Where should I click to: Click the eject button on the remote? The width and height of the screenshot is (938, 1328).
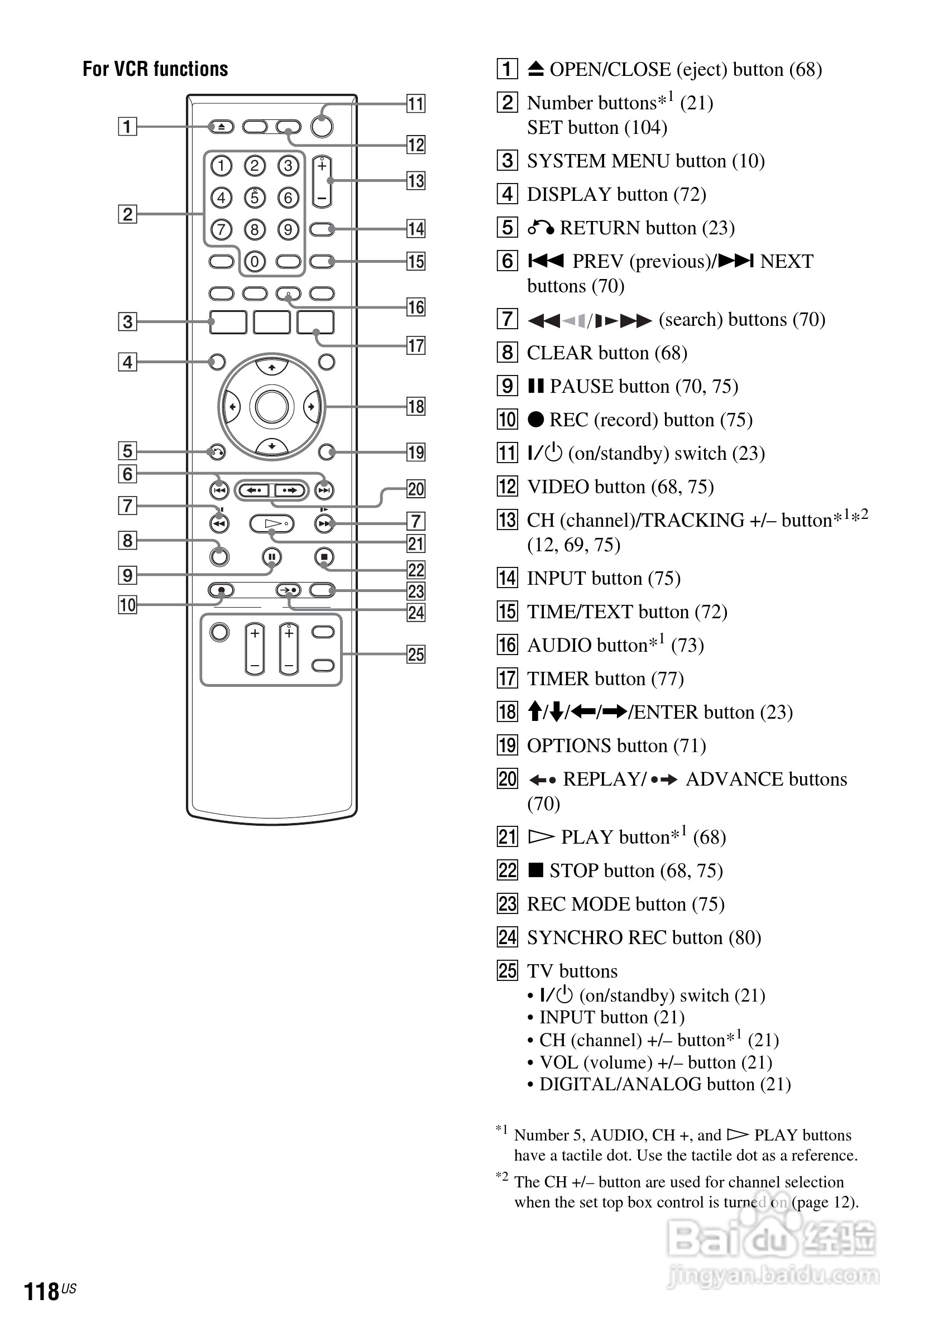(221, 126)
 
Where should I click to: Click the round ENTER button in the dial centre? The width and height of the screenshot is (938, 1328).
(271, 407)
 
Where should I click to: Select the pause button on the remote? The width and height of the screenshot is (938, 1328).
(271, 557)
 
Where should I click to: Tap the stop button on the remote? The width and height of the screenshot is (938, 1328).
(324, 557)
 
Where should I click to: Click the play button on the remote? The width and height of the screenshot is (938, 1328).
(272, 524)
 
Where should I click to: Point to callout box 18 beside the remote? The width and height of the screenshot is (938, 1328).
(415, 407)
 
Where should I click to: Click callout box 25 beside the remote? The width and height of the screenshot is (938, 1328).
(415, 654)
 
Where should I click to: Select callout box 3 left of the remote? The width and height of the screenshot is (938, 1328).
(127, 321)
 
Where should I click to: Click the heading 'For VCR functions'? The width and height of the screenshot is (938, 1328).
(155, 69)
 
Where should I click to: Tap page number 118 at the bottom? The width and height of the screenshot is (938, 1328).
(42, 1291)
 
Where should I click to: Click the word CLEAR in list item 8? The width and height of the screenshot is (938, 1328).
(558, 353)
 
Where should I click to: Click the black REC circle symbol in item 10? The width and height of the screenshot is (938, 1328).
(536, 420)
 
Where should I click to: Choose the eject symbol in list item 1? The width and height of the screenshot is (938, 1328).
(536, 69)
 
